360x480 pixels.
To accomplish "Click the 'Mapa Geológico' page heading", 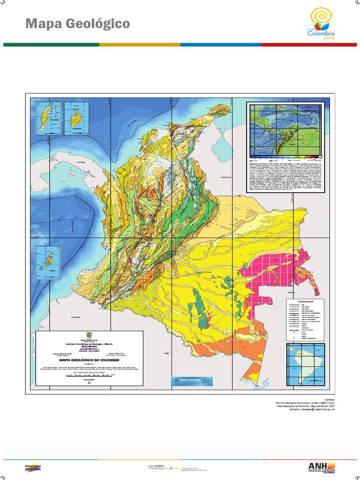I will [77, 23].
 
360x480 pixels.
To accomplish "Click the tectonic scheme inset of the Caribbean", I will [286, 131].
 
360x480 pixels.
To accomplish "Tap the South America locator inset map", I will [305, 366].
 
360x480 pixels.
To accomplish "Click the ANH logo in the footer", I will [322, 467].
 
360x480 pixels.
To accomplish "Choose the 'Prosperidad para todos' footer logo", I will [32, 467].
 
